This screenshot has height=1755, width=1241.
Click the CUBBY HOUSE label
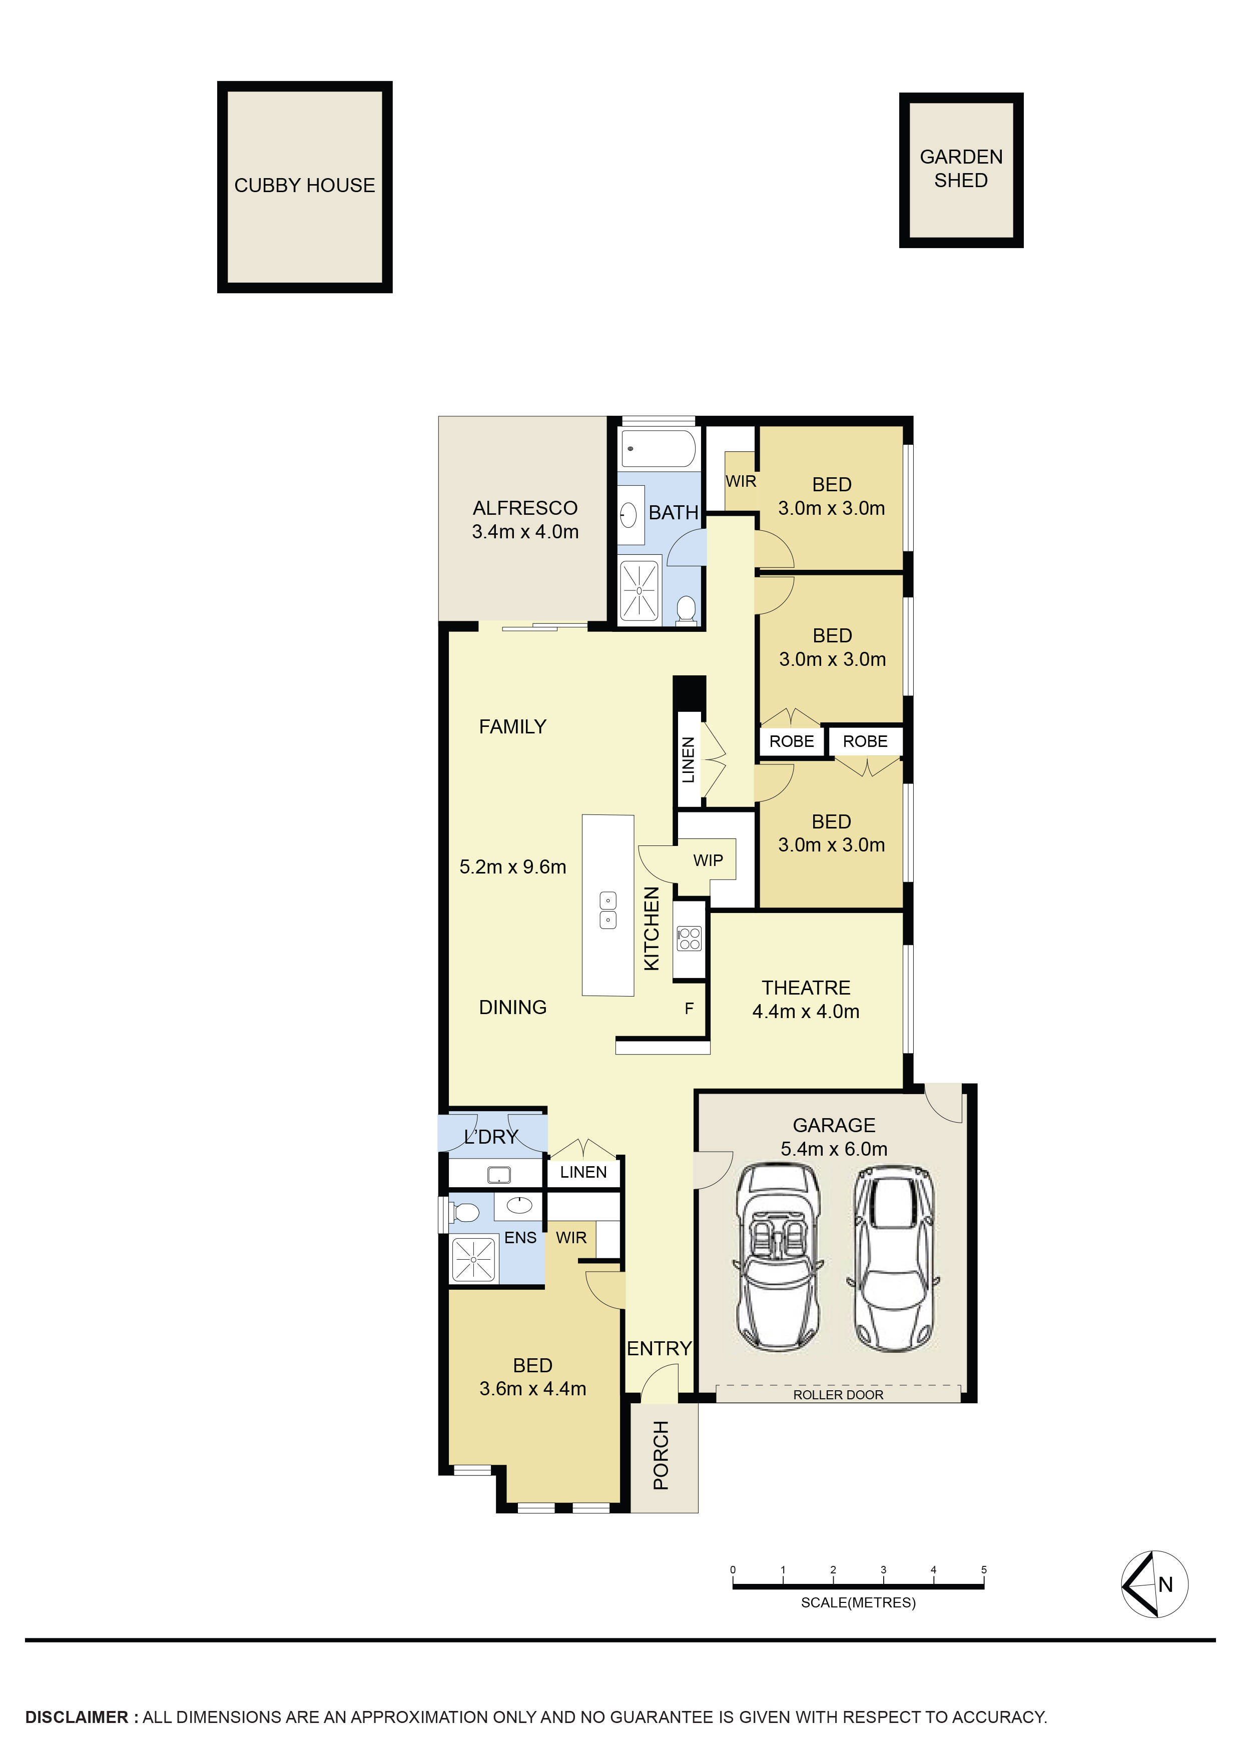point(304,186)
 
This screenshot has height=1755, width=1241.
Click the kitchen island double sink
point(608,910)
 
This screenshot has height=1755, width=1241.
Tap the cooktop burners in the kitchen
point(689,938)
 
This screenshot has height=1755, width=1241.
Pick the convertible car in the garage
point(778,1257)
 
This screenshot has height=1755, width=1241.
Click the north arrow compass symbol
point(1154,1584)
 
